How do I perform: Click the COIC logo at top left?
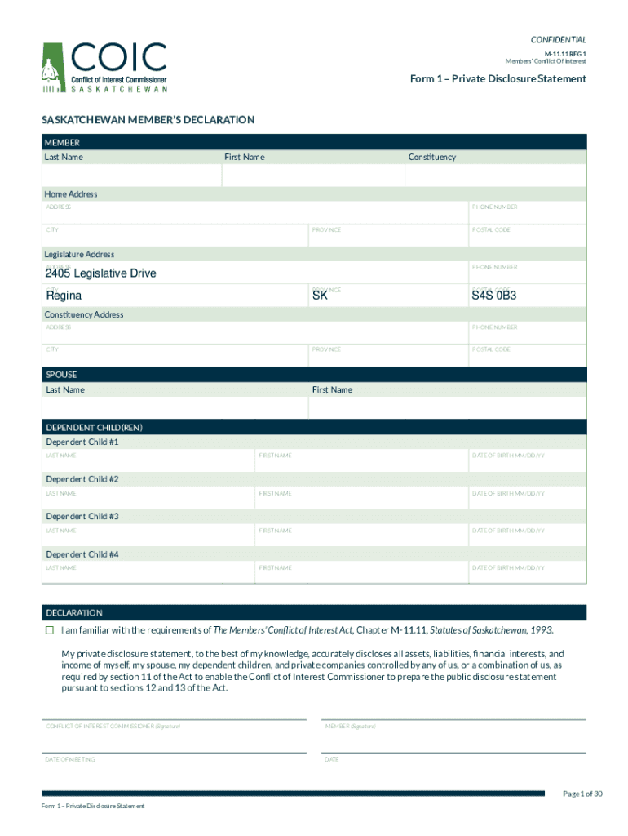(x=104, y=67)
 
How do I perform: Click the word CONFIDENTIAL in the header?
(x=558, y=40)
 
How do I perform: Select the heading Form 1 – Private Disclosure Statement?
(x=498, y=79)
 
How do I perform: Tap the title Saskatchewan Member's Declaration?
(x=148, y=120)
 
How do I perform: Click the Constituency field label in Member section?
(x=432, y=157)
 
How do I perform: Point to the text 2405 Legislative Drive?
(x=100, y=273)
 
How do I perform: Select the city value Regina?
(x=64, y=295)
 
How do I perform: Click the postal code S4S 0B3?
(x=493, y=295)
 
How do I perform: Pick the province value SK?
(x=320, y=295)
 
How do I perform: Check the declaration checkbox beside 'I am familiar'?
(x=50, y=630)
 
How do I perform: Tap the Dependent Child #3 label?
(x=82, y=517)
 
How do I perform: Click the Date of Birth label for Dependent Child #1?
(x=508, y=456)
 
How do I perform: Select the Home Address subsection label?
(x=72, y=194)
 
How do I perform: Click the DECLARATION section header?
(x=74, y=612)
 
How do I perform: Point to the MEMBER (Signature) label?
(x=350, y=726)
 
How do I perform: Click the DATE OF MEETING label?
(x=71, y=759)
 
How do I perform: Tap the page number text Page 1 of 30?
(x=582, y=794)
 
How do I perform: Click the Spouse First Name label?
(x=332, y=389)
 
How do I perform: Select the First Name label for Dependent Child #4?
(x=275, y=567)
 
